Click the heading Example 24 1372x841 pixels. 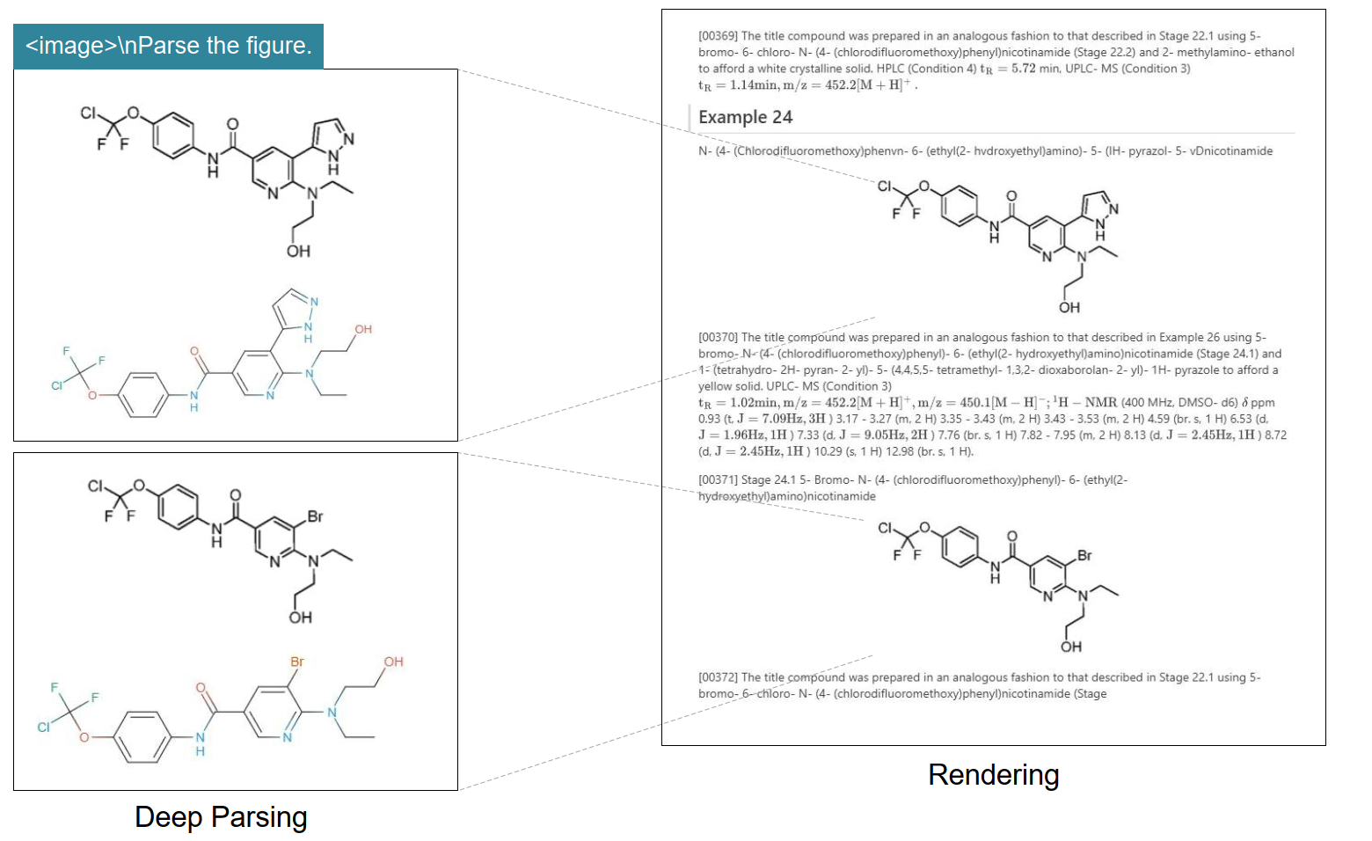(745, 117)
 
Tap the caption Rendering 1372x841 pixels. (993, 775)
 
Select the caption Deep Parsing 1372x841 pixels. (221, 817)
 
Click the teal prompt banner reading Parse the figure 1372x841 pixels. (169, 46)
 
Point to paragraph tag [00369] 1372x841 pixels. (718, 36)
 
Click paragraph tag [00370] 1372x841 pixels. (718, 337)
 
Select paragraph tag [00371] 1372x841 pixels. (718, 479)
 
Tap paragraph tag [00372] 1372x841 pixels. (718, 677)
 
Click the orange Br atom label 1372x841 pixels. (297, 661)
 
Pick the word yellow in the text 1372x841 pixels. (715, 386)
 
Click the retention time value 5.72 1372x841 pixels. (1023, 69)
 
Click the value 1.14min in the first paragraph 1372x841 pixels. (754, 85)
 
